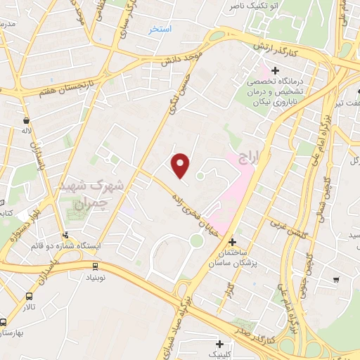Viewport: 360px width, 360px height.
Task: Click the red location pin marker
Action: (181, 165)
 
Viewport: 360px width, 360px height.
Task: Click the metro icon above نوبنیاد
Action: (95, 266)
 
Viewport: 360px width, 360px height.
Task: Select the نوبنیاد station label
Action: (96, 278)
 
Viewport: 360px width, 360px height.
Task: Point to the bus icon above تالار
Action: (30, 296)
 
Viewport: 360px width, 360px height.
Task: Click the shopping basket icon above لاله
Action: (27, 120)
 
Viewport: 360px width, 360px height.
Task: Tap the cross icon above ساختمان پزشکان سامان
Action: (233, 241)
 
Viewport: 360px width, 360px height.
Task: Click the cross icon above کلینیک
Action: (221, 344)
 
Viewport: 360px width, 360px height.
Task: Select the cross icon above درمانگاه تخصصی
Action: (275, 70)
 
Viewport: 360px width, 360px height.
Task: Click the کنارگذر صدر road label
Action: (264, 327)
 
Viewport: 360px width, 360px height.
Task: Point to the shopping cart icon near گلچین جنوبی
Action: (336, 280)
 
